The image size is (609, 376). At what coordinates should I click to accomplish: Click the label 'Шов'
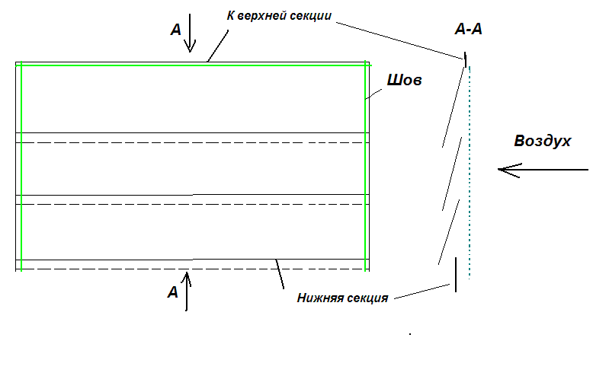click(404, 80)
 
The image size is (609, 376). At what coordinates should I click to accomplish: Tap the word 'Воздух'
click(542, 141)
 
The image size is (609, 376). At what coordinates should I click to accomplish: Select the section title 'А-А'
click(469, 29)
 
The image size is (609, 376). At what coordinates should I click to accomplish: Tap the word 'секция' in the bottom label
click(367, 298)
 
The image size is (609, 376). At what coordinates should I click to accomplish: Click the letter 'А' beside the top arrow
click(176, 30)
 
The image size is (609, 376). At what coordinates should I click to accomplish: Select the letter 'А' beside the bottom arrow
click(173, 292)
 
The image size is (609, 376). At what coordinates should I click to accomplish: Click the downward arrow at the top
click(190, 33)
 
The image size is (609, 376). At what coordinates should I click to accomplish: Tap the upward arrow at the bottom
click(187, 291)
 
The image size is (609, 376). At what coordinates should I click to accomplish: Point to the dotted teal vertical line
click(470, 173)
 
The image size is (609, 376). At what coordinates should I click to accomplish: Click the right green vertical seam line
click(365, 166)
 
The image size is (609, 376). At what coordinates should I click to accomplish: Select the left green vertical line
click(21, 166)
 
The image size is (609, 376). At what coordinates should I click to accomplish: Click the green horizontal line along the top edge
click(194, 65)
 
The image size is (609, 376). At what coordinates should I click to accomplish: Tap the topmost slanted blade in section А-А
click(454, 107)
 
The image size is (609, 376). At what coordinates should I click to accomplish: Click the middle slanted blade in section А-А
click(452, 174)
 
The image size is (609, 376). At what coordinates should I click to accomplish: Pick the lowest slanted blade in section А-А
click(449, 232)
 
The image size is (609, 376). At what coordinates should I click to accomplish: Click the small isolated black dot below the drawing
click(410, 333)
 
